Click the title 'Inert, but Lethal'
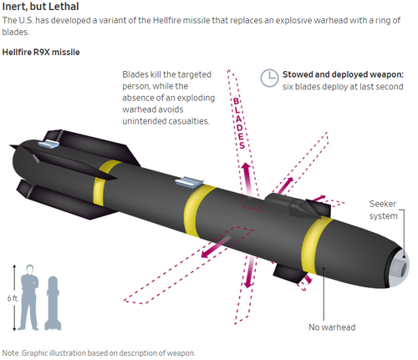40,7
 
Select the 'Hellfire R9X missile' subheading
41,52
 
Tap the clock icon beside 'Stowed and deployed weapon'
269,78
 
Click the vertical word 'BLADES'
239,123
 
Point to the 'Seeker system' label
383,210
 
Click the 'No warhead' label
332,327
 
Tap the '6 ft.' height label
13,298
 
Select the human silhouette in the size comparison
29,297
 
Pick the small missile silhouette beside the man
53,303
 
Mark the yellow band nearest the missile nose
315,245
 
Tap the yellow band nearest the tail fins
103,182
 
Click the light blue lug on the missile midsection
189,182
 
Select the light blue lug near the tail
49,143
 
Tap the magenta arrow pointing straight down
249,272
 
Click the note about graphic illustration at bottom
99,353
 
